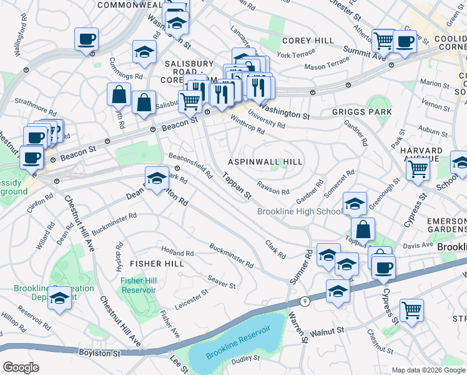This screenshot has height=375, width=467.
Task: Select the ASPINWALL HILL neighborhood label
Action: click(265, 161)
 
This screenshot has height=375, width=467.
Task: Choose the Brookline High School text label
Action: click(300, 212)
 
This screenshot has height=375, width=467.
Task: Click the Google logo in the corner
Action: click(21, 367)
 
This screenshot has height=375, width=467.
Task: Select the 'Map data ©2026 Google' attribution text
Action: click(428, 370)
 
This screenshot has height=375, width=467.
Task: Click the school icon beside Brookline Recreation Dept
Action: click(60, 299)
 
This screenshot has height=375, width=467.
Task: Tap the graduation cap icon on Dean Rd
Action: click(157, 178)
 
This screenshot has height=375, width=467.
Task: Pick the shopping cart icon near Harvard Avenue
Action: click(418, 167)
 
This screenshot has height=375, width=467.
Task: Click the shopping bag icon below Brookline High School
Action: click(363, 229)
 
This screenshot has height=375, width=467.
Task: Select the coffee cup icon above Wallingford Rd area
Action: click(86, 39)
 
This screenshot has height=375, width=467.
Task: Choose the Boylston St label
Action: click(100, 353)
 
